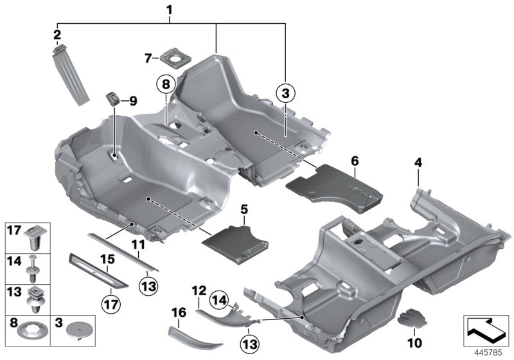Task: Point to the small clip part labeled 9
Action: (114, 99)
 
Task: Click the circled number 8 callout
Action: (165, 84)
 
